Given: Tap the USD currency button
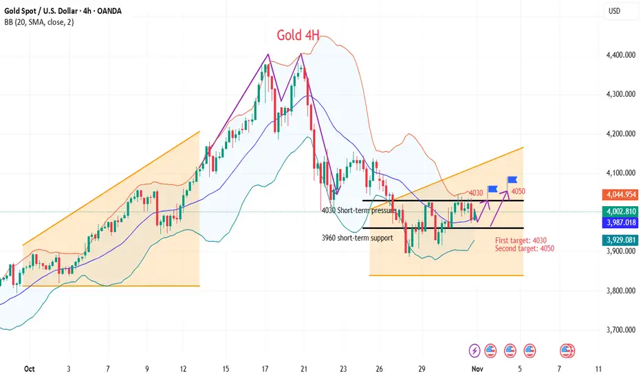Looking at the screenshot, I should coord(614,11).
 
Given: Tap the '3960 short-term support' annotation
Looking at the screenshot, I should coord(357,238).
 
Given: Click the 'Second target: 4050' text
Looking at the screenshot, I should coord(525,248).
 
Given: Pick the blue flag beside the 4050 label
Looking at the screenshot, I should coord(512,181).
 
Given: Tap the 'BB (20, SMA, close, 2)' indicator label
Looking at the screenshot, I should coord(39,22).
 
